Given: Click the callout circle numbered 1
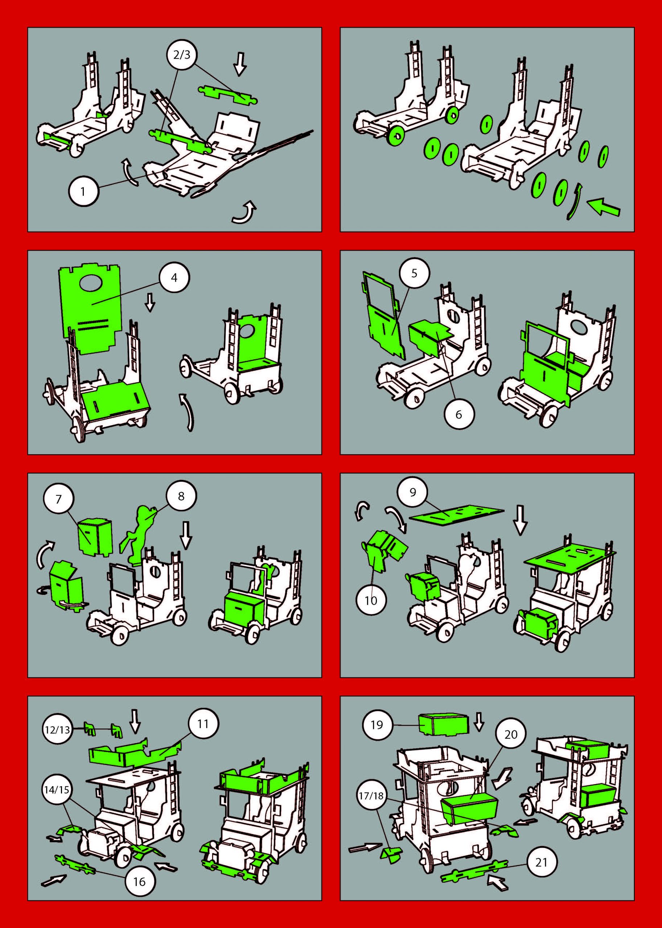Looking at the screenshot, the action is tap(83, 191).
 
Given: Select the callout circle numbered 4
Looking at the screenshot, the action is tap(174, 278).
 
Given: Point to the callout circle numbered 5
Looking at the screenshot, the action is tap(414, 273).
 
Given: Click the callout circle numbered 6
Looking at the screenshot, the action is tap(459, 414).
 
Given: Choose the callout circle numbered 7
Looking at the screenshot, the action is tap(58, 500).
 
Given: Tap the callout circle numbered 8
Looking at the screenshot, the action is tap(181, 496).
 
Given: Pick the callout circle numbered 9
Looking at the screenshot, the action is tap(412, 493).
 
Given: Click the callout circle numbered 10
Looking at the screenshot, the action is tap(371, 600).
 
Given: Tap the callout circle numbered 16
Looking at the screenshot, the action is tap(139, 845).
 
